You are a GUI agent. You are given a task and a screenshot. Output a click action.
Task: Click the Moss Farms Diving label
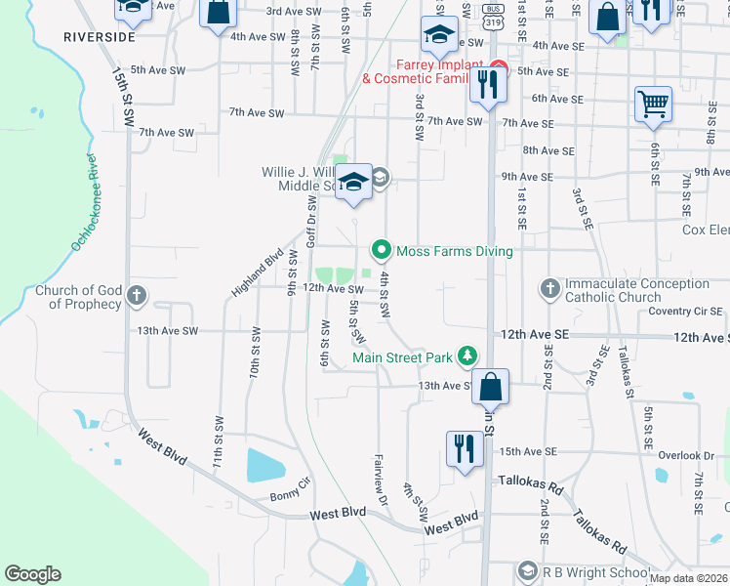coord(453,251)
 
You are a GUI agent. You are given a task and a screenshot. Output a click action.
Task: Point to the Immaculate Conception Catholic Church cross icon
coord(550,288)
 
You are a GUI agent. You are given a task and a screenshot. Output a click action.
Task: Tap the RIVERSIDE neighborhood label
coord(99,36)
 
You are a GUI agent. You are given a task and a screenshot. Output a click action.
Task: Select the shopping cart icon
coord(652,103)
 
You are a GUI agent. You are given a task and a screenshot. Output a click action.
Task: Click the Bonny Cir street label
coord(291,490)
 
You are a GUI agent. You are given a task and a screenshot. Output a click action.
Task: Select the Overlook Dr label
coord(686,455)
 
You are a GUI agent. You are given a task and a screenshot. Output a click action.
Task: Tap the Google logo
coord(32,574)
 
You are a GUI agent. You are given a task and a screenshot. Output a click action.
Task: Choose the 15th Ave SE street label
coord(527,451)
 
